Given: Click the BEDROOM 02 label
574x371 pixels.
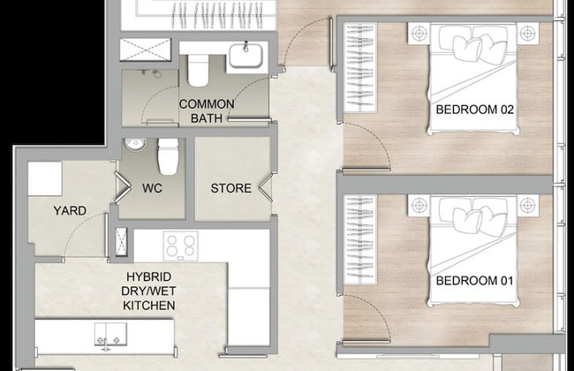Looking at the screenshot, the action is pos(475,110).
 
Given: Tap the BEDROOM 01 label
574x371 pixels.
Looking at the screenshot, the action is pos(475,281).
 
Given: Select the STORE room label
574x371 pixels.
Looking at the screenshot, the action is pos(231,188).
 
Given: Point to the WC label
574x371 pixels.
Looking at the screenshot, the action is pos(152,188).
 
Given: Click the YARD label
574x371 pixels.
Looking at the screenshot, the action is pos(70,210).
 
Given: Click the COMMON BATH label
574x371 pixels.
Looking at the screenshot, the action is pos(207,111).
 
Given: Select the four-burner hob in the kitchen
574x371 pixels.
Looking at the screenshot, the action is pos(181,246).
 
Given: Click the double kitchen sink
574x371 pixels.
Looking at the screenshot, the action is pos(110,335).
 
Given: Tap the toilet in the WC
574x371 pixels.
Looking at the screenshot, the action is pos(168,156).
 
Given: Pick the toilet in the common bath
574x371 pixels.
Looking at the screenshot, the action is pos(198,71).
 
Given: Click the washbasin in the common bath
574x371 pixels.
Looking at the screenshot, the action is pos(246,56).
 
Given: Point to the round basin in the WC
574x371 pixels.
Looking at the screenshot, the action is pos(135,144).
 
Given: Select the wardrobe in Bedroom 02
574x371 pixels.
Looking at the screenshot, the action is pos(360,68).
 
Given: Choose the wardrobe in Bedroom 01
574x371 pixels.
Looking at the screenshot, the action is pos(360,239).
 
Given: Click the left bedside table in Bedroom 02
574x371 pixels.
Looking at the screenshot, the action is pos(419,34).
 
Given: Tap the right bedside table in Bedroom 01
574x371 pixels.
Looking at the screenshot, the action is pos(527,206).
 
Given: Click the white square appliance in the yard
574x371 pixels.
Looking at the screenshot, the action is pos(45,179).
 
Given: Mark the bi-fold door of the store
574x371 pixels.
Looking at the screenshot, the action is pos(266,187).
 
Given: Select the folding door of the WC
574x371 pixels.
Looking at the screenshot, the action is pos(123,187).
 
